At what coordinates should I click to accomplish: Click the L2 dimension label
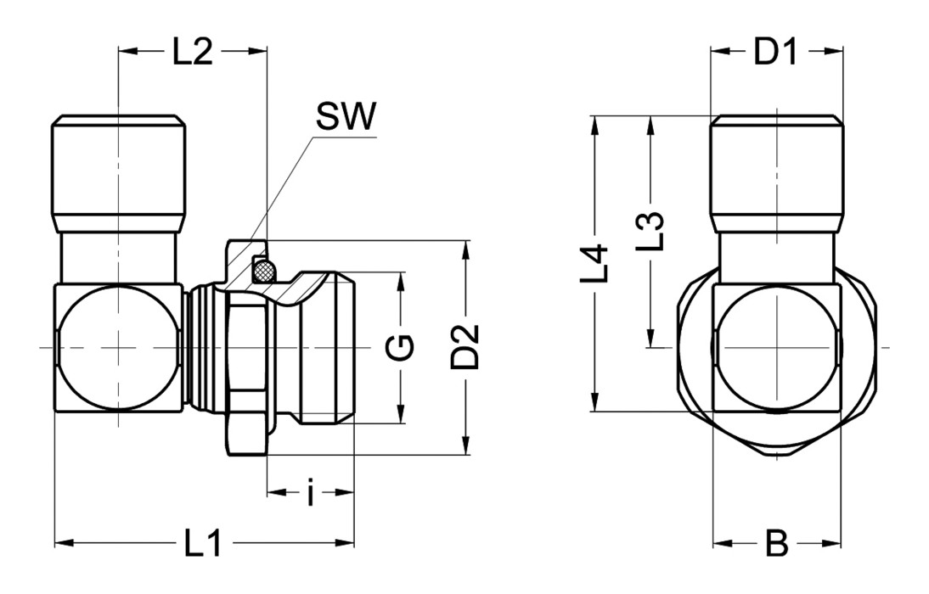pos(192,53)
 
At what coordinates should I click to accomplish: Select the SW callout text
pos(344,118)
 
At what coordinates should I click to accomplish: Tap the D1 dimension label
pos(777,53)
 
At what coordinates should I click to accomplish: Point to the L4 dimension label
pos(599,263)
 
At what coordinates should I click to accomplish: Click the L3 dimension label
pos(650,231)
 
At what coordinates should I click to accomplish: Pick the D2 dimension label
pos(465,346)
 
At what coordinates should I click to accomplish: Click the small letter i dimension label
pos(311,494)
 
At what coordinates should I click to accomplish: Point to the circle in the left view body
pos(119,348)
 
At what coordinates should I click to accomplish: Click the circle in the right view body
pos(777,348)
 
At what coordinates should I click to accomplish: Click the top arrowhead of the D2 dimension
pos(465,249)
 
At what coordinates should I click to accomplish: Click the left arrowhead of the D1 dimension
pos(718,52)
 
